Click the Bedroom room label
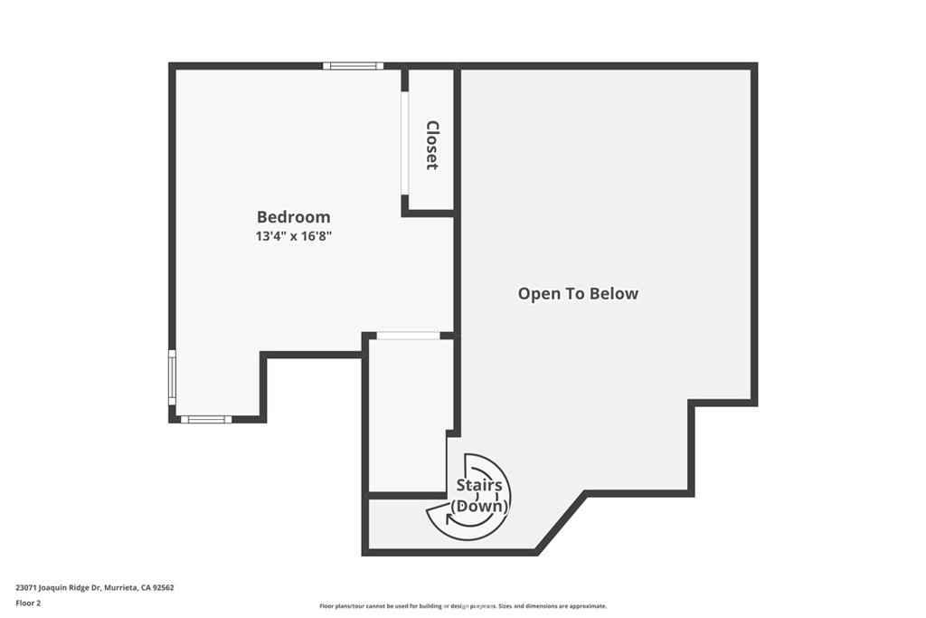(x=293, y=217)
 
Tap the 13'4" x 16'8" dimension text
(x=294, y=236)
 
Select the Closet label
(x=432, y=145)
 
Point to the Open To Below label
(x=578, y=293)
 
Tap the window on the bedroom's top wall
(x=354, y=66)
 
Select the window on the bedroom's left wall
(x=172, y=376)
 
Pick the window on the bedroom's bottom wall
(x=205, y=419)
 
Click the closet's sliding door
(x=404, y=141)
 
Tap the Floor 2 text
(x=28, y=603)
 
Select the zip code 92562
(x=162, y=587)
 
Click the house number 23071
(x=26, y=587)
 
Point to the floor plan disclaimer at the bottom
(x=462, y=606)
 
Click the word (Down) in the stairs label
(x=479, y=506)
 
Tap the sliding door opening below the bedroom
(x=408, y=336)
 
